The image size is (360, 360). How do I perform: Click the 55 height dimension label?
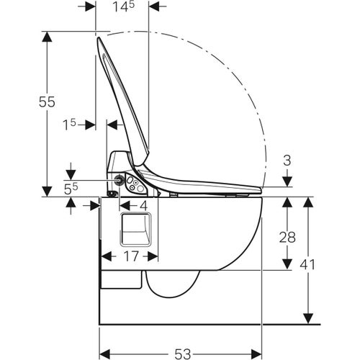(47, 102)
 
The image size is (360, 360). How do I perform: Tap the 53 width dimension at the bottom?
(183, 354)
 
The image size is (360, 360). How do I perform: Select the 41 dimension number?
(307, 265)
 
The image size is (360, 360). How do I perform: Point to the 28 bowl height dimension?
(287, 238)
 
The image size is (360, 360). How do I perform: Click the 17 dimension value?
(132, 256)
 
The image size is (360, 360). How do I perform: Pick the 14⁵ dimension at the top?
(124, 6)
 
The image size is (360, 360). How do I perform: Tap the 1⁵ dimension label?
(69, 125)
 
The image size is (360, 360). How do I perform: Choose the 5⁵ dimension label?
(71, 189)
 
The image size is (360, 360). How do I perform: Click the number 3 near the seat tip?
(287, 161)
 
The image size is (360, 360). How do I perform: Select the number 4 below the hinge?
(143, 206)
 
